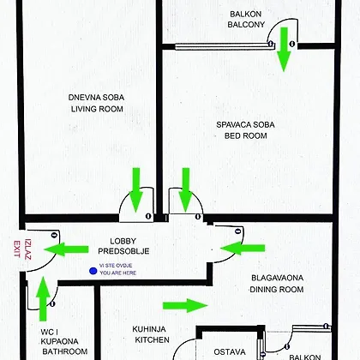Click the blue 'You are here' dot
[x=93, y=271]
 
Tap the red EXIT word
[x=17, y=249]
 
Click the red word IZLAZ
[x=27, y=249]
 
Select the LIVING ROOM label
[x=97, y=109]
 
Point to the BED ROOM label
[x=246, y=135]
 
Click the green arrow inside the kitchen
[x=185, y=305]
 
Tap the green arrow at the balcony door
[x=284, y=50]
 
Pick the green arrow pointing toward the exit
[x=66, y=249]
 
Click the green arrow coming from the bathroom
[x=43, y=298]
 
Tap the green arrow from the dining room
[x=243, y=248]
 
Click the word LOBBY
[x=123, y=241]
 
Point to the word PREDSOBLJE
[x=123, y=251]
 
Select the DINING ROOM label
[x=277, y=290]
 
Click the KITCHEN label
[x=153, y=340]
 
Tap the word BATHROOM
[x=65, y=351]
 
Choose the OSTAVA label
[x=230, y=351]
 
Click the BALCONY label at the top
[x=246, y=25]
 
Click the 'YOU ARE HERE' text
[x=118, y=273]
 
